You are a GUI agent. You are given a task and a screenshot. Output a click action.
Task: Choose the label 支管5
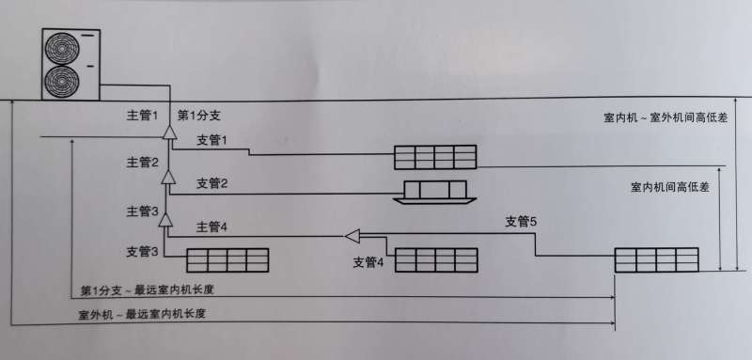[522, 222]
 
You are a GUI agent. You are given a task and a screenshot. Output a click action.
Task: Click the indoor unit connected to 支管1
[434, 156]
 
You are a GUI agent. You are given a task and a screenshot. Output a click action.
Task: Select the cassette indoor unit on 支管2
[434, 192]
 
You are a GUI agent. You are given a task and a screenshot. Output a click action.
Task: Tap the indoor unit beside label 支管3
[227, 259]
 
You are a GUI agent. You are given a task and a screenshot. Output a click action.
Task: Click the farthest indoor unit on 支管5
[657, 260]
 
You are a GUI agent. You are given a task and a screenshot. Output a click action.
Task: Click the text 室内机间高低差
[669, 188]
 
